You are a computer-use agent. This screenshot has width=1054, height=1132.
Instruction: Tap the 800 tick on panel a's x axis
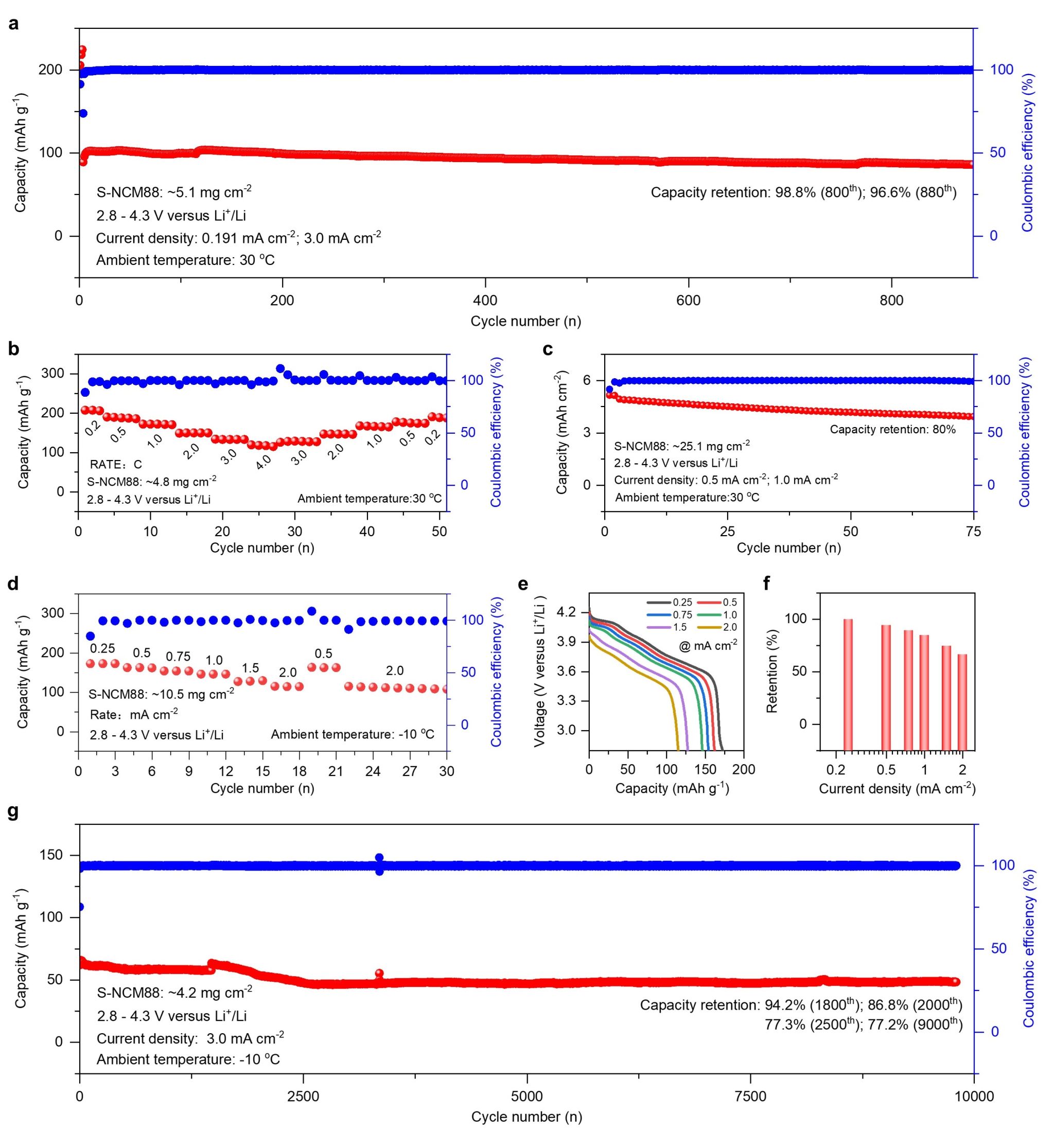click(x=891, y=300)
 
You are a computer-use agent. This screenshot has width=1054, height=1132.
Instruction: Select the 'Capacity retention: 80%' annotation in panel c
click(x=892, y=429)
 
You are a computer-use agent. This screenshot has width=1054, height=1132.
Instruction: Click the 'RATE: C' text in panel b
click(x=116, y=465)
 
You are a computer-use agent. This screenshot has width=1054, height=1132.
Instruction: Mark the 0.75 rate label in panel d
click(x=178, y=657)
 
